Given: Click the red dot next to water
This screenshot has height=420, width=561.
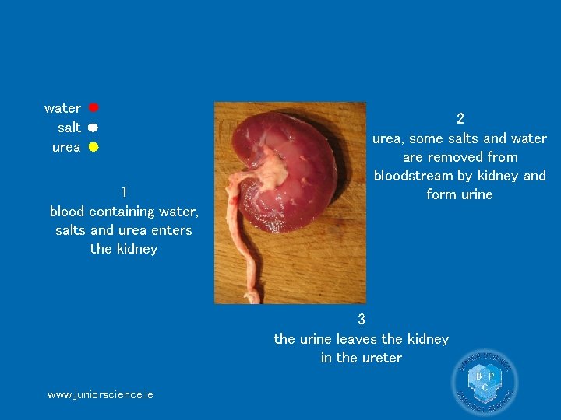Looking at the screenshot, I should pos(93,107).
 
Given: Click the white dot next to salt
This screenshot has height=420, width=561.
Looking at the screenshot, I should pos(92,127).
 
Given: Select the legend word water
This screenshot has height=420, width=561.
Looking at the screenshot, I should pos(63,108).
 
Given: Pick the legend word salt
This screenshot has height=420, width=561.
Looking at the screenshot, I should pos(69,128).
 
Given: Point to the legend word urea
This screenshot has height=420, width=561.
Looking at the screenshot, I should pos(66,147).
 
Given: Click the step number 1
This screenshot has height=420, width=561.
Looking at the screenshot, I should pos(124,191).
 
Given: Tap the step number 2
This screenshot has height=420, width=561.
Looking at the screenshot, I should pos(460,119).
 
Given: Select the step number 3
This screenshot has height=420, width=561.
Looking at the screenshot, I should pos(362,319).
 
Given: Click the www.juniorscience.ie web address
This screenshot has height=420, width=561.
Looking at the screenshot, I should pos(101,394).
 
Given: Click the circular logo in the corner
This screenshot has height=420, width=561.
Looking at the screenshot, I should pos(485,382).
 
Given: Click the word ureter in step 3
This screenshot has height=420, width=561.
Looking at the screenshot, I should pos(383,358).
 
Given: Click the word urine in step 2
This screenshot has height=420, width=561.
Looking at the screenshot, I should pos(476,194).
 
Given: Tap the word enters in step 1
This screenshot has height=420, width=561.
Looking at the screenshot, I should pos(172,230).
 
